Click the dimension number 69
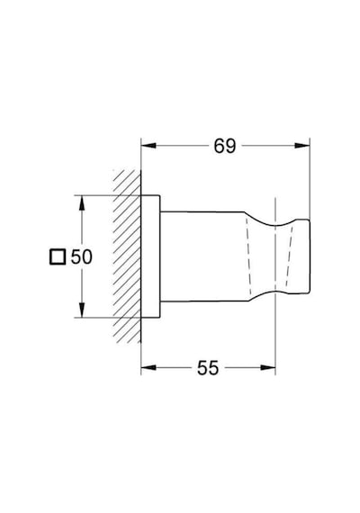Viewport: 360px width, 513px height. point(224,146)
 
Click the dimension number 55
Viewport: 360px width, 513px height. point(208,368)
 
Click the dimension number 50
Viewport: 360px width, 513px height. point(82,256)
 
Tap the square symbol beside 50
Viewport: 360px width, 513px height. point(58,256)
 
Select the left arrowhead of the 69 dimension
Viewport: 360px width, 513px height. point(148,146)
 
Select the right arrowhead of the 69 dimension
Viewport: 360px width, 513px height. point(301,146)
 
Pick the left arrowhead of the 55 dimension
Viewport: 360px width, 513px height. point(148,368)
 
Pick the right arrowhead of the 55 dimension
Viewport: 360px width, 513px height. point(267,368)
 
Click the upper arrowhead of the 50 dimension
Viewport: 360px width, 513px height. point(82,203)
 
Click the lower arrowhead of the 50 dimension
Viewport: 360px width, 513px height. point(82,310)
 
